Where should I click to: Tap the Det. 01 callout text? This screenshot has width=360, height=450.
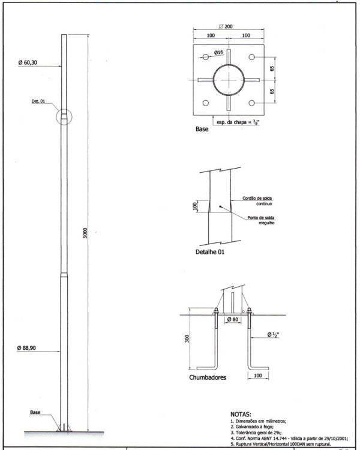(x=39, y=101)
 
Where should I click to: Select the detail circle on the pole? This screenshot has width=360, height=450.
(x=64, y=115)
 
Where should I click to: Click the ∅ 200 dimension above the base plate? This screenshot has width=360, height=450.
(x=227, y=28)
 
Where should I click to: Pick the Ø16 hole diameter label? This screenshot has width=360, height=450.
(x=219, y=53)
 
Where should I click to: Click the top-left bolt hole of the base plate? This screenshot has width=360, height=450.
(x=206, y=56)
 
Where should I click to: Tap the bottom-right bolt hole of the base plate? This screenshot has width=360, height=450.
(x=251, y=103)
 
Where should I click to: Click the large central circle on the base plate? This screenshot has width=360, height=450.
(x=229, y=80)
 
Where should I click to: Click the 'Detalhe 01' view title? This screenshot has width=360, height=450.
(x=209, y=253)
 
